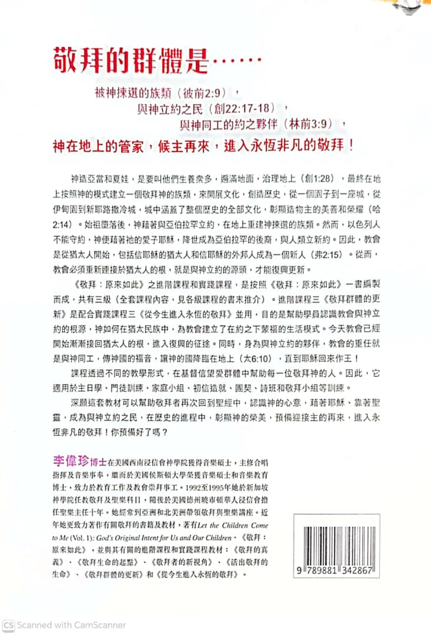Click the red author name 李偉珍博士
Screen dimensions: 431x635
[75, 458]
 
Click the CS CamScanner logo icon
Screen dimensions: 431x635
[8, 625]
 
